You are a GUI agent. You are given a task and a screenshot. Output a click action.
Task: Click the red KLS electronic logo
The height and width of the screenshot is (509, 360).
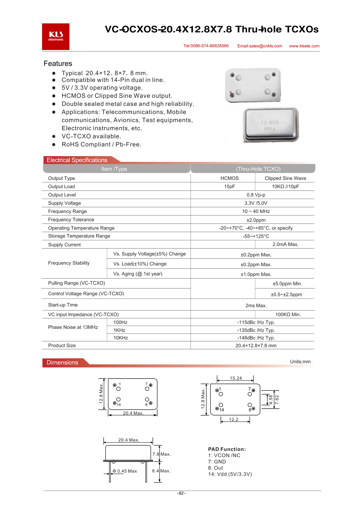tap(56, 37)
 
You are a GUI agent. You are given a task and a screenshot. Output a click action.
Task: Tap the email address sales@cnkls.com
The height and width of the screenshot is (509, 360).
tap(260, 46)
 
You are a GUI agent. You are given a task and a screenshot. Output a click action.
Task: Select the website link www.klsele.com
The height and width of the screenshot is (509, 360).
tap(304, 46)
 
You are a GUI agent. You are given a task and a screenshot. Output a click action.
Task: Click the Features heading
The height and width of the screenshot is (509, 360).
tap(58, 64)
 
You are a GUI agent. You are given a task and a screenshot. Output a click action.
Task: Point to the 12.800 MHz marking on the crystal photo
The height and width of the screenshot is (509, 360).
tap(270, 126)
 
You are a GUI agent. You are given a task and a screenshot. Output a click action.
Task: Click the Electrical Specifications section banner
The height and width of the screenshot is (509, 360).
tap(77, 160)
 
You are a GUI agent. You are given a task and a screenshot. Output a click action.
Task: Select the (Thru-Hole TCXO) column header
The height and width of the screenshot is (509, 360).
tap(258, 169)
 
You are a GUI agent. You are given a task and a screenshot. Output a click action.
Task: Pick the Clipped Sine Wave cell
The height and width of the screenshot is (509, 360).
tap(285, 178)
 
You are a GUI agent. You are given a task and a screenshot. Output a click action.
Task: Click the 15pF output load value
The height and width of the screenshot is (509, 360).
tap(229, 187)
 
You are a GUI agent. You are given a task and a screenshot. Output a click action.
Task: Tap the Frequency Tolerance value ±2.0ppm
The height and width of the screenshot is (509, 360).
tap(256, 220)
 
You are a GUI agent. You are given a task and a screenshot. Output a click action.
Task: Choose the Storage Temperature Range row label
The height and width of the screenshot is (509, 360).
tap(79, 236)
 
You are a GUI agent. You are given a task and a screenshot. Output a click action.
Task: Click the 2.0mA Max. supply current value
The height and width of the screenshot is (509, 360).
tap(285, 245)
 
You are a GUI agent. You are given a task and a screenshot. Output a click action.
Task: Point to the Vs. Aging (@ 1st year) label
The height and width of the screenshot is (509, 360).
tap(138, 274)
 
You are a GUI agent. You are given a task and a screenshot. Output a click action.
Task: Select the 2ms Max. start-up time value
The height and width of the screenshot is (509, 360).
tap(256, 306)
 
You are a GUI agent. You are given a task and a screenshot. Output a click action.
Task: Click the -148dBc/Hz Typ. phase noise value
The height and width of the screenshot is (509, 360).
tap(256, 338)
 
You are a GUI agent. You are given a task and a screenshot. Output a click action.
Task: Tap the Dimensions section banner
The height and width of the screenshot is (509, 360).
tap(63, 363)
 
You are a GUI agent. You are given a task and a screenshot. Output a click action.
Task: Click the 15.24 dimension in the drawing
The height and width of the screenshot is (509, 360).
tap(236, 378)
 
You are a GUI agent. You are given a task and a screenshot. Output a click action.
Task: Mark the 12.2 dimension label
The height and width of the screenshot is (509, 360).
tap(234, 420)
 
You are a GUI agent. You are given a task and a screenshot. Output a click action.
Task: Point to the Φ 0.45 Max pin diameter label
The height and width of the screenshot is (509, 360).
tap(125, 471)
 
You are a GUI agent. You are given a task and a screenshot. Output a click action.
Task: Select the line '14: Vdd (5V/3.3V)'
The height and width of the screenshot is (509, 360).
tap(230, 474)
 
